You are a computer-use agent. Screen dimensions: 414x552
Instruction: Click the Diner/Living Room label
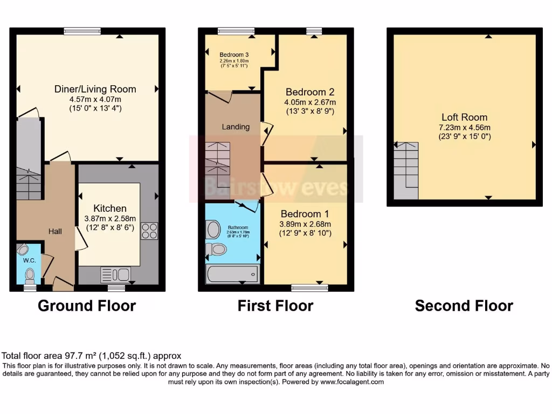click(x=95, y=89)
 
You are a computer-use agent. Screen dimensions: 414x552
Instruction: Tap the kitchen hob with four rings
click(x=149, y=231)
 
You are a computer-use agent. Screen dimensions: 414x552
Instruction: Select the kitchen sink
click(x=115, y=274)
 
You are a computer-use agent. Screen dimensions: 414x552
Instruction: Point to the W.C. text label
click(x=29, y=261)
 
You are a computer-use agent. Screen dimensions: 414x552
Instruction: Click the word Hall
click(x=55, y=231)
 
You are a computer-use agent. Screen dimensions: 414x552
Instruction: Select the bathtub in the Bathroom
click(x=232, y=274)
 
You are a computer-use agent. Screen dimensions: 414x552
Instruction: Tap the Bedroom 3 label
click(x=234, y=54)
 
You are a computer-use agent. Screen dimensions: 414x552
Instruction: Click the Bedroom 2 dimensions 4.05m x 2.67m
click(x=310, y=102)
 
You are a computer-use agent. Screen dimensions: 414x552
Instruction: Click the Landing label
click(x=236, y=127)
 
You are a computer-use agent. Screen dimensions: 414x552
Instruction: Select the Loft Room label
click(x=464, y=117)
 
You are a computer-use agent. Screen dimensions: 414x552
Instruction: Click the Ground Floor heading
click(x=87, y=306)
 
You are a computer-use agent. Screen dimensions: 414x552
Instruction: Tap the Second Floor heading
click(x=464, y=306)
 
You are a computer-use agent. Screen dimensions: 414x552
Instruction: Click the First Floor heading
click(x=275, y=306)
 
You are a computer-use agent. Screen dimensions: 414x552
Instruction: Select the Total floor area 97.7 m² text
click(x=92, y=356)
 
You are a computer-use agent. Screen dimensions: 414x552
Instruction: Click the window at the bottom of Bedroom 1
click(x=309, y=288)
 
